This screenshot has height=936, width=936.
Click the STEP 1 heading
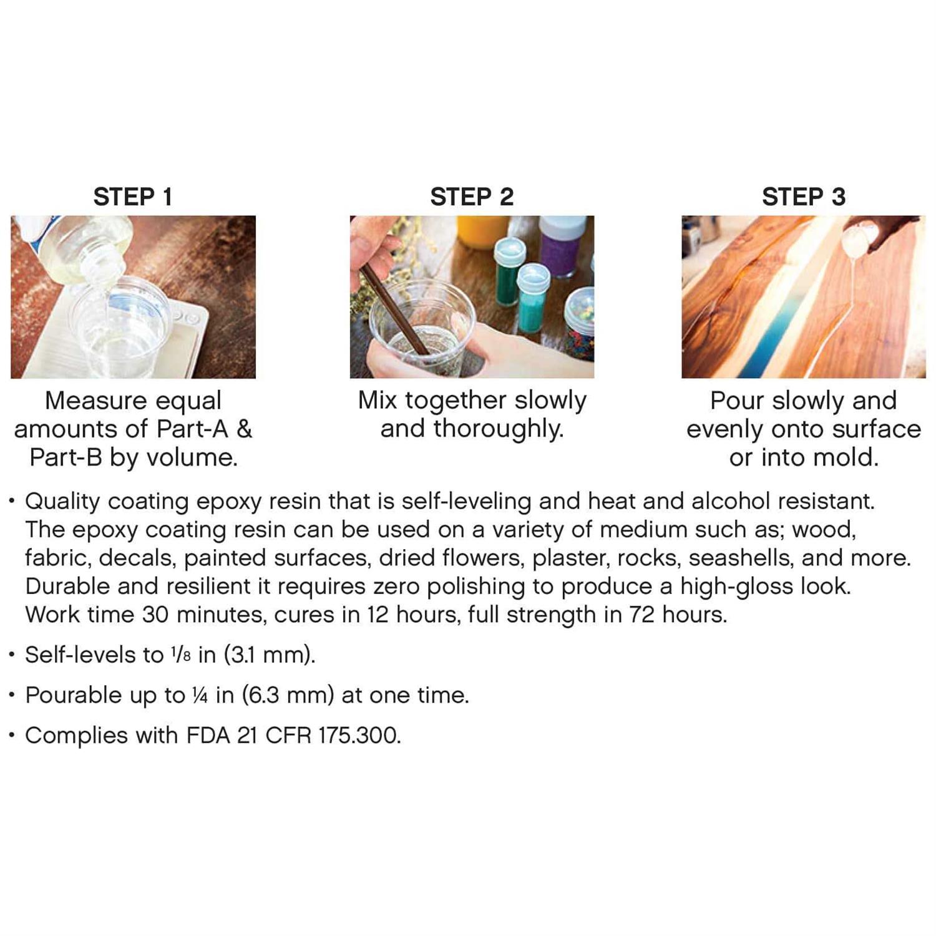132,197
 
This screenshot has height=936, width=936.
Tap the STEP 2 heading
472,197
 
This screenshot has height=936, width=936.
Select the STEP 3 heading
803,197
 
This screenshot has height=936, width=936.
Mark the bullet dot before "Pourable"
12,695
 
